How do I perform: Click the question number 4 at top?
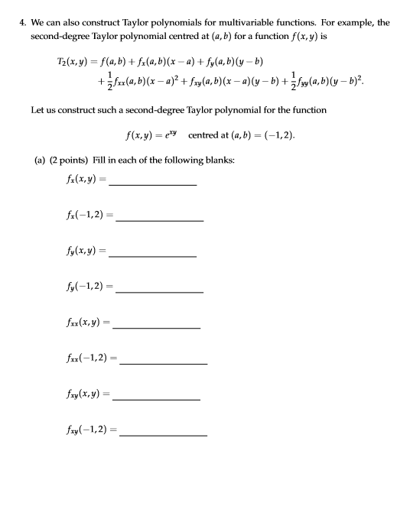click(22, 22)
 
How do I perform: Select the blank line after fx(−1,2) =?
click(159, 220)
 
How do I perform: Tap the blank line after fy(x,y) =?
click(152, 254)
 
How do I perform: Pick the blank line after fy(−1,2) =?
click(159, 291)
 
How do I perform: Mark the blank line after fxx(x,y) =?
click(156, 326)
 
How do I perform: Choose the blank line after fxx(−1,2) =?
click(163, 362)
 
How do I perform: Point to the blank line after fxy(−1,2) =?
click(163, 434)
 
